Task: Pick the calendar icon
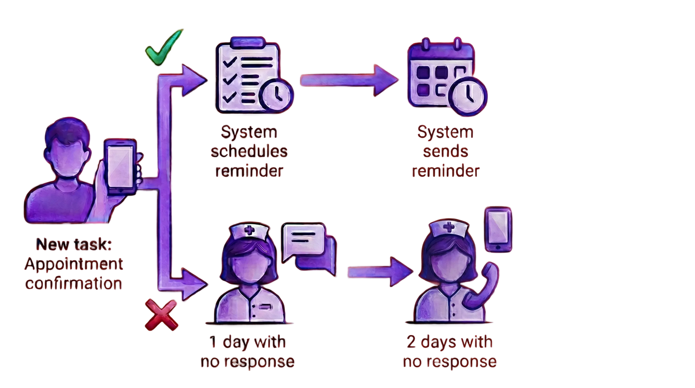[x=441, y=72]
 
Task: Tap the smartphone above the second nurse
[x=498, y=229]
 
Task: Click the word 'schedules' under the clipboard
[x=249, y=152]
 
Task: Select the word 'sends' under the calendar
[x=446, y=152]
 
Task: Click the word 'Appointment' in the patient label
[x=74, y=264]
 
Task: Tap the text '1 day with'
[x=248, y=342]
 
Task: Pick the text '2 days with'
[x=450, y=342]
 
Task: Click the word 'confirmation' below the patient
[x=74, y=284]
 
